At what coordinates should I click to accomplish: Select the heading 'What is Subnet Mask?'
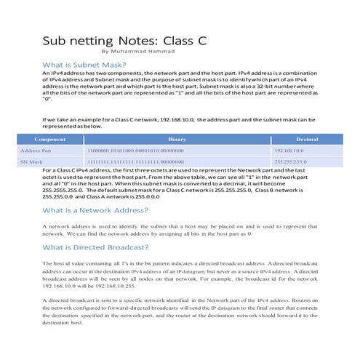click(x=84, y=65)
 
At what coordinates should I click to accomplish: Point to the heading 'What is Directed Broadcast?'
click(x=97, y=247)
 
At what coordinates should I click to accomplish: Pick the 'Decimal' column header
click(x=308, y=138)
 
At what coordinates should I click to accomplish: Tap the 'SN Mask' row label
click(x=31, y=161)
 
